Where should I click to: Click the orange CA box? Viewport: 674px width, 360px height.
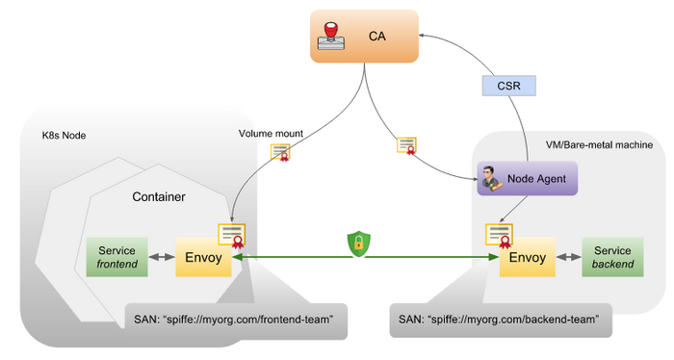(364, 36)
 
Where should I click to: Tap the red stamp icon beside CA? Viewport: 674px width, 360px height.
(331, 36)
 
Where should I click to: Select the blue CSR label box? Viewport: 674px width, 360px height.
(509, 86)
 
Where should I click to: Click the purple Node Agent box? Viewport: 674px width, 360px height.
(528, 178)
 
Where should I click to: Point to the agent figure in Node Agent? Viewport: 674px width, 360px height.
(491, 178)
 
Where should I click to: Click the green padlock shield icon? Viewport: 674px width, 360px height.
(359, 244)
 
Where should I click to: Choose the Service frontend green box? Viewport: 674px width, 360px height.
(117, 257)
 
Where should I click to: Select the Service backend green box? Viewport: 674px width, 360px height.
(612, 257)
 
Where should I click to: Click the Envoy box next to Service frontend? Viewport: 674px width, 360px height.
(203, 257)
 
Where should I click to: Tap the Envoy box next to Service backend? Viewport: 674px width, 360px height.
(528, 257)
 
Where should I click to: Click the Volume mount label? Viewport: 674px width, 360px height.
(271, 134)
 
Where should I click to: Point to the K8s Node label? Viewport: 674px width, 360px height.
(64, 136)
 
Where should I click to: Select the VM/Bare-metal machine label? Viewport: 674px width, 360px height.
(599, 144)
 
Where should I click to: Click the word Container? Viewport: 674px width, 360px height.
(159, 196)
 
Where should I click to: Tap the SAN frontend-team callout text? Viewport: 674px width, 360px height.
(234, 320)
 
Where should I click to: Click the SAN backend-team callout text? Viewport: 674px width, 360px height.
(499, 320)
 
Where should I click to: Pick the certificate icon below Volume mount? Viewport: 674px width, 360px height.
(280, 152)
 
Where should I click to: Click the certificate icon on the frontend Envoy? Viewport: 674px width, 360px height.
(232, 236)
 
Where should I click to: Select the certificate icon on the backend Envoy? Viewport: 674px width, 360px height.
(499, 236)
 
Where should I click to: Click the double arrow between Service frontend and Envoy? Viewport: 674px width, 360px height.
(162, 257)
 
